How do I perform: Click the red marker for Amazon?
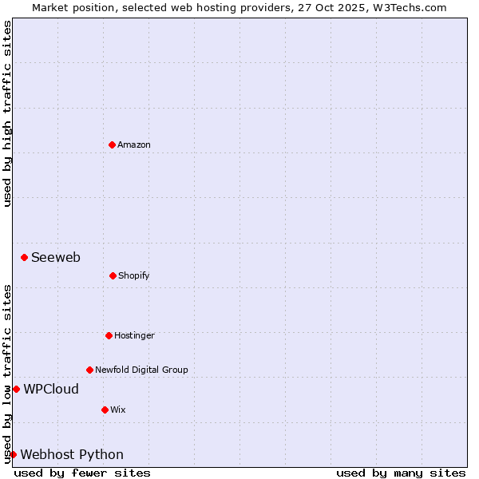[112, 144]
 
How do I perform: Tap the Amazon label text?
[134, 144]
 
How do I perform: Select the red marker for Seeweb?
[25, 257]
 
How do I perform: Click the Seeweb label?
[56, 257]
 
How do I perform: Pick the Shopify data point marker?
[113, 275]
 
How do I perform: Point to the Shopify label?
[134, 275]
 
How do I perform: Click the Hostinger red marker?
[109, 335]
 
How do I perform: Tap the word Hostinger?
[134, 335]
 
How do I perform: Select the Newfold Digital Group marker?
[89, 370]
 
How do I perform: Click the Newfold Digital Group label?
[142, 370]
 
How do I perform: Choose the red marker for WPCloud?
[16, 389]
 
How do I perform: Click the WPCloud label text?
[51, 389]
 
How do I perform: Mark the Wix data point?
[105, 410]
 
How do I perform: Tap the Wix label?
[118, 410]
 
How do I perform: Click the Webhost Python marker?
[13, 454]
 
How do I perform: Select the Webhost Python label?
[72, 454]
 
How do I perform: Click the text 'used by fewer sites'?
[82, 473]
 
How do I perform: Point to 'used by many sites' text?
[401, 473]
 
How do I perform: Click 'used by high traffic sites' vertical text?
[7, 113]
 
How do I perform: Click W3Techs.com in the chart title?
[410, 7]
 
